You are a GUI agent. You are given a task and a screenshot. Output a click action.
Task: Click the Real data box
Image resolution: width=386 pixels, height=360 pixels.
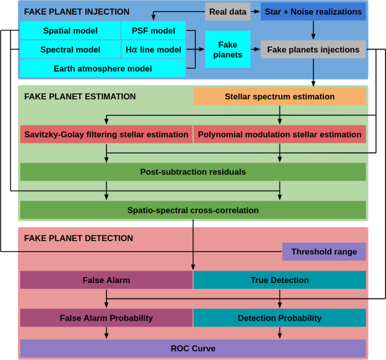228,12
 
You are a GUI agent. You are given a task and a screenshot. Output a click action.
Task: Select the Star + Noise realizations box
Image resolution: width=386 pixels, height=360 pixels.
313,12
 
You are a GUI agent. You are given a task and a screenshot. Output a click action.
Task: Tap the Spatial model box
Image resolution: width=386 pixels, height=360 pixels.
70,31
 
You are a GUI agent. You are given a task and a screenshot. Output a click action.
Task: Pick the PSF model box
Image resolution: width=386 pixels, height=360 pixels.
153,31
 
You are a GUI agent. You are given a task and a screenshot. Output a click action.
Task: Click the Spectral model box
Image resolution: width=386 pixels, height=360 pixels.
70,50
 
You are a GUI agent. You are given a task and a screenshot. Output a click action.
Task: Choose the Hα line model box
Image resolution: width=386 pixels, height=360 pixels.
153,50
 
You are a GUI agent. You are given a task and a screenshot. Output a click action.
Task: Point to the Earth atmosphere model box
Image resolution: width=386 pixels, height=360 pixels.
103,68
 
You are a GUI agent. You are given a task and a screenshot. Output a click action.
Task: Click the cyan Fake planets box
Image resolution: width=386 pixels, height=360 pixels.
228,50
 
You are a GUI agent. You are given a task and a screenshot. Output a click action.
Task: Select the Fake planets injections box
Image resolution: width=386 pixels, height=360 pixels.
313,50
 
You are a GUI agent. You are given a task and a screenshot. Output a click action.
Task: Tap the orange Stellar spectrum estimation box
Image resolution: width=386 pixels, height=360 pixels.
280,96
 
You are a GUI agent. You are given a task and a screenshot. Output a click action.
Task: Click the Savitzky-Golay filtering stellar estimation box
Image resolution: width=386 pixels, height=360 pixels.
106,134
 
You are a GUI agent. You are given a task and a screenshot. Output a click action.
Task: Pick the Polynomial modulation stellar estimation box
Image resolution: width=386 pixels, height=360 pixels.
280,134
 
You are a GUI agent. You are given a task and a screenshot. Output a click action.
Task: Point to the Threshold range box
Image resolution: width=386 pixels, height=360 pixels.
324,252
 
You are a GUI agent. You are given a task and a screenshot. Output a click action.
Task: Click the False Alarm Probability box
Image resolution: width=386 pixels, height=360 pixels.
106,318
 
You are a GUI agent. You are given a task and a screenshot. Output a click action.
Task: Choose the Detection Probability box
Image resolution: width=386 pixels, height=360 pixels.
280,318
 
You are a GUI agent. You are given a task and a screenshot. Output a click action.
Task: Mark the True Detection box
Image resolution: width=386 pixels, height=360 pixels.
280,280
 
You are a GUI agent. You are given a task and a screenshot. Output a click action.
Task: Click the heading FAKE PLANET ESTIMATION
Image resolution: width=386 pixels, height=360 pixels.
80,96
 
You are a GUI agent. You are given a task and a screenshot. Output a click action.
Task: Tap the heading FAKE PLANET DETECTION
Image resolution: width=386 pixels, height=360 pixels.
78,238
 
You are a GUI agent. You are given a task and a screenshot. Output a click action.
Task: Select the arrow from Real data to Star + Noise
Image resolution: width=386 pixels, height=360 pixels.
255,12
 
